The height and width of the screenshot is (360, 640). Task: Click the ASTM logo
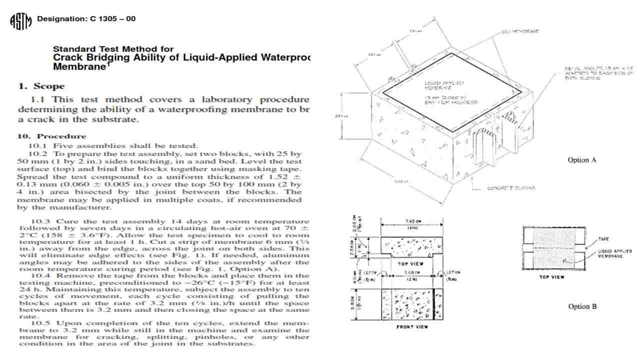click(20, 21)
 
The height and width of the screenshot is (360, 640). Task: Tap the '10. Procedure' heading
click(52, 136)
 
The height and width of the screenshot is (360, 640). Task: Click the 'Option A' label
click(581, 160)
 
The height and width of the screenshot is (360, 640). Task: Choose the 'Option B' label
click(582, 306)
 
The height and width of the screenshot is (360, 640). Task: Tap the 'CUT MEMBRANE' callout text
click(520, 31)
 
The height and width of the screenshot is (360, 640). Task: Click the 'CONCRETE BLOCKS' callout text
click(510, 188)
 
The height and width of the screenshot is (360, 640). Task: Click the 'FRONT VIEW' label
click(412, 327)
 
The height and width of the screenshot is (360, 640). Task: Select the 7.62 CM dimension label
click(413, 222)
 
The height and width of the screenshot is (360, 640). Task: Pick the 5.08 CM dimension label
click(412, 273)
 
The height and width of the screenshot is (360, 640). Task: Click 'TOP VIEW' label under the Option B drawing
click(551, 276)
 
